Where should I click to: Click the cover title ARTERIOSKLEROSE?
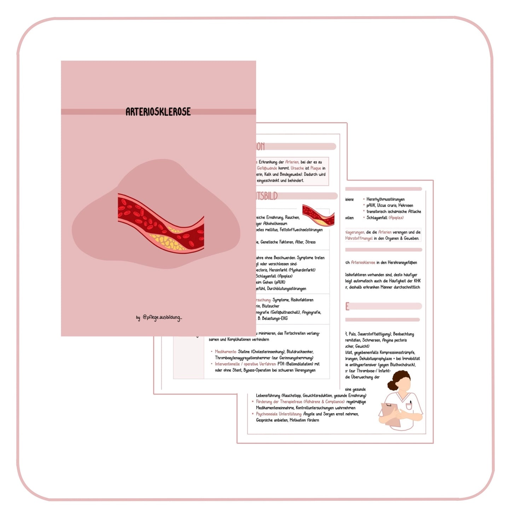[158, 112]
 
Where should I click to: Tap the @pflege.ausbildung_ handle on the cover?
[162, 317]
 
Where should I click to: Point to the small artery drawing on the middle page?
[318, 215]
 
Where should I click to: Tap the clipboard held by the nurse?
[391, 413]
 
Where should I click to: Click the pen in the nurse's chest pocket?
[411, 403]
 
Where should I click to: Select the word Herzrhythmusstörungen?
[385, 199]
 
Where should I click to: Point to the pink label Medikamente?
[226, 352]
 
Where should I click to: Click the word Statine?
[244, 352]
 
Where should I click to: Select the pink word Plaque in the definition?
[315, 168]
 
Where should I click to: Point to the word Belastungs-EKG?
[274, 318]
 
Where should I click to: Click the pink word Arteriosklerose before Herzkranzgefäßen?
[363, 263]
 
